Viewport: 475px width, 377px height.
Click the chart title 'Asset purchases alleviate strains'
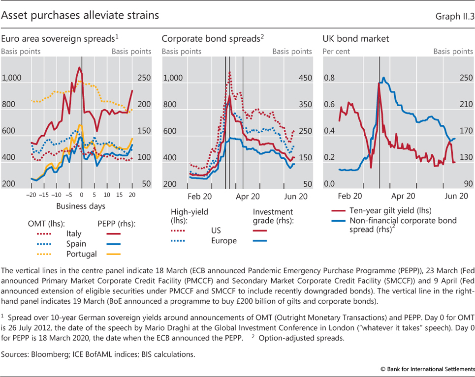click(x=80, y=15)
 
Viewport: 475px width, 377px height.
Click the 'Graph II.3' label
click(x=454, y=16)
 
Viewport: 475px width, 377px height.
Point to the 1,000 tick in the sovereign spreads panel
click(x=12, y=78)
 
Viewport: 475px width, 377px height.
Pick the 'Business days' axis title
click(x=80, y=206)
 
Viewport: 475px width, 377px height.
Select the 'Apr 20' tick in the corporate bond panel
click(x=248, y=195)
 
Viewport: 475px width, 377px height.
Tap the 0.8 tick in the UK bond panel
click(x=329, y=78)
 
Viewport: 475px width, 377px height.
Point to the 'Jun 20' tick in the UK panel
click(x=456, y=195)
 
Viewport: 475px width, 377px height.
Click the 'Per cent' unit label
click(x=336, y=51)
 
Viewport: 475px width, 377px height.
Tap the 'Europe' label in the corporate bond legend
click(x=223, y=241)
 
